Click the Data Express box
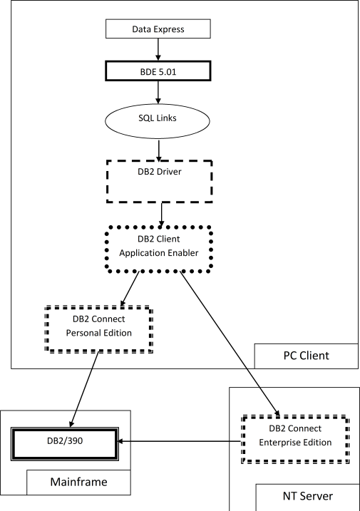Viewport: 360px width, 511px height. [x=158, y=29]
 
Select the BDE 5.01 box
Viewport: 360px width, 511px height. [x=158, y=71]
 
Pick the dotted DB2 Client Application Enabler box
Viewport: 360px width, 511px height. [x=158, y=249]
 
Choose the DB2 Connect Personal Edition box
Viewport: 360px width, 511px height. [x=99, y=329]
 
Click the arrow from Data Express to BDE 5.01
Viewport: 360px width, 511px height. [x=158, y=50]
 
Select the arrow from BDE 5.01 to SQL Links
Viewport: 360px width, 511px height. [x=158, y=93]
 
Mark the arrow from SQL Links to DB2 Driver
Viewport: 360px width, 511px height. [x=158, y=149]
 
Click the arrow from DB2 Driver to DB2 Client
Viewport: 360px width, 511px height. [x=163, y=213]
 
